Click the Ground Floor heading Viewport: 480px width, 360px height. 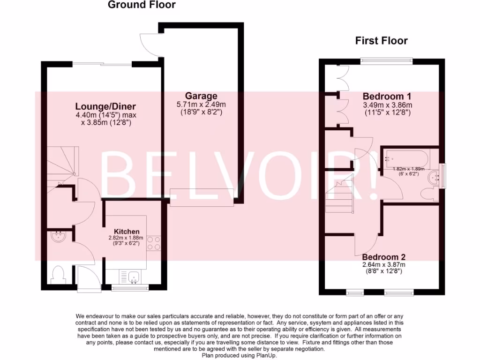(142, 5)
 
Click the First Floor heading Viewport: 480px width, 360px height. (381, 41)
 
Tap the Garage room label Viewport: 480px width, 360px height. (201, 96)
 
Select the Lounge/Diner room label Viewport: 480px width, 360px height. (106, 106)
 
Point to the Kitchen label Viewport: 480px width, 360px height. (127, 232)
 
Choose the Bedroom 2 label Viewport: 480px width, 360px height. (383, 257)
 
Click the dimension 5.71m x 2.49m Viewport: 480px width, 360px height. (201, 105)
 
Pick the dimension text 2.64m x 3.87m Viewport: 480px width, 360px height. (383, 264)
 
